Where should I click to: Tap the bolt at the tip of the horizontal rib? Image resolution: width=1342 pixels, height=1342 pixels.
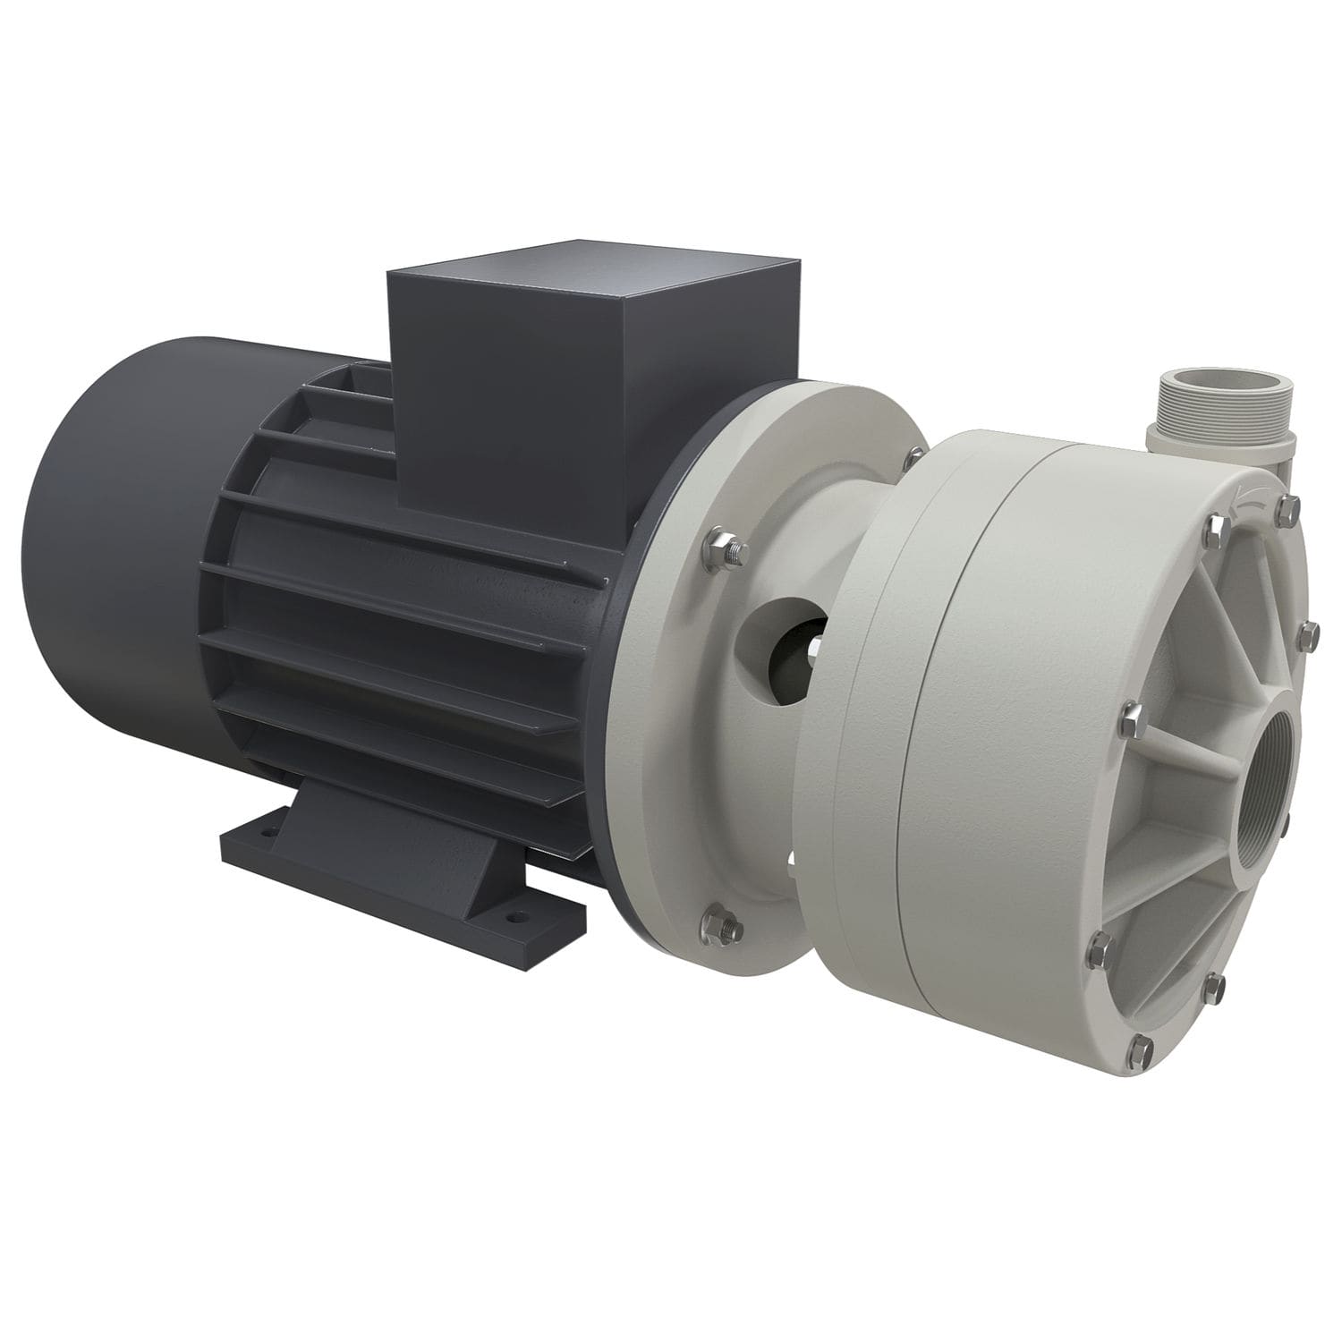point(1129,714)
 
